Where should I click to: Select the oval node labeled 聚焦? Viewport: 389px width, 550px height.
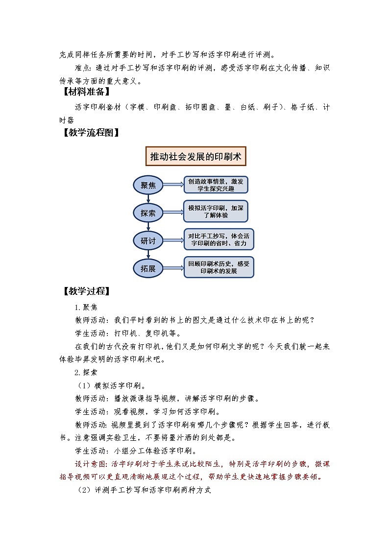pos(148,185)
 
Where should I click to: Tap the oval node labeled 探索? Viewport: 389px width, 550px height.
pos(148,213)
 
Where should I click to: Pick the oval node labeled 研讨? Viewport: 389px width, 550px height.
pos(148,240)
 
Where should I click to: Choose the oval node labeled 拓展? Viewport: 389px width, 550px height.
pos(148,268)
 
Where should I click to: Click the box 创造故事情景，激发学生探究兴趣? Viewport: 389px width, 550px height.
pos(216,185)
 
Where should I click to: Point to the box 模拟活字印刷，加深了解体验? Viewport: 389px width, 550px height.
pos(216,212)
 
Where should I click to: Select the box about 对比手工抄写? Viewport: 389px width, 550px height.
pos(219,239)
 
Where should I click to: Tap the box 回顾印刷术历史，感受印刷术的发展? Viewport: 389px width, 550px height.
pos(219,267)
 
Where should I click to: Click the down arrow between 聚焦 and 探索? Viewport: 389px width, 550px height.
pos(148,198)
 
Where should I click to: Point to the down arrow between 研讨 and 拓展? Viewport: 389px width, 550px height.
pos(148,255)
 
